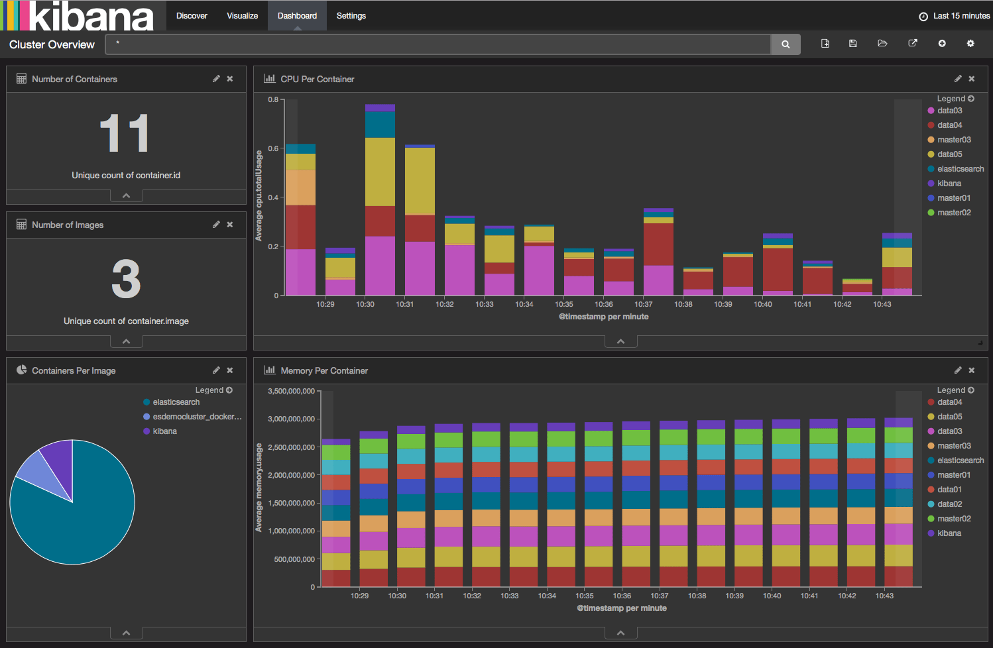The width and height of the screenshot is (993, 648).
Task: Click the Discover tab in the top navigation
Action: pos(192,16)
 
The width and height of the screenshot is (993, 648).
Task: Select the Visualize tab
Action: pos(242,16)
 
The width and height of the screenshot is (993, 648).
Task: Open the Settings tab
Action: pos(351,16)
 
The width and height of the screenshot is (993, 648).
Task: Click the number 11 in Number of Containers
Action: pos(125,134)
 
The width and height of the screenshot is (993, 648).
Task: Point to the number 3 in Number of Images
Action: pos(126,279)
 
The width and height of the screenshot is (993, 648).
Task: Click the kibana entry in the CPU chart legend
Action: pos(949,184)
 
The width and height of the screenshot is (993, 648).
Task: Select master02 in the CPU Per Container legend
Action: pos(953,213)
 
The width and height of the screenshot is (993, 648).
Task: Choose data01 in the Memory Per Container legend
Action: pos(949,490)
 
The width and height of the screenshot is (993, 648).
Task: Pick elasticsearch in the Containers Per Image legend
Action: pos(176,402)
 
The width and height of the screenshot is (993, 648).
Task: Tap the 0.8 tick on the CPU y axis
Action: pos(273,99)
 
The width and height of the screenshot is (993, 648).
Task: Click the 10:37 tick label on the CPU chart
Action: pos(643,305)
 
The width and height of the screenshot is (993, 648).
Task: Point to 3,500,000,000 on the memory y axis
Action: pos(291,391)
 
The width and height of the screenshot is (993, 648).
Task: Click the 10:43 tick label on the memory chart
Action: pos(884,596)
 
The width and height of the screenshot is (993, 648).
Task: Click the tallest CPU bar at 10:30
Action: pos(380,199)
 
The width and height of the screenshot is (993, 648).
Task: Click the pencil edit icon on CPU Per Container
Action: pos(958,79)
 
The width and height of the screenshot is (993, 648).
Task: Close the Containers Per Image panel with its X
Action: pos(230,370)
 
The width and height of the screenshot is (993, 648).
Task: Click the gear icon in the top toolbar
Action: pos(970,44)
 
